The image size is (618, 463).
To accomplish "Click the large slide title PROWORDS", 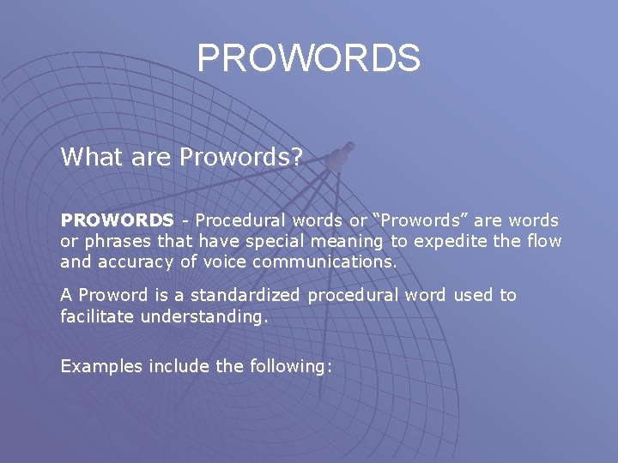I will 309,58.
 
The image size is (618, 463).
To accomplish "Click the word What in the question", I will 89,157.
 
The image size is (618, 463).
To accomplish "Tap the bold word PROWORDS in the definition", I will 116,220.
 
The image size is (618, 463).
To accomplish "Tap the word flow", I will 542,241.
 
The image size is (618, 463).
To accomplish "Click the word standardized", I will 245,295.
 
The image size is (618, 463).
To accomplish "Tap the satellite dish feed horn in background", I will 339,155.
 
